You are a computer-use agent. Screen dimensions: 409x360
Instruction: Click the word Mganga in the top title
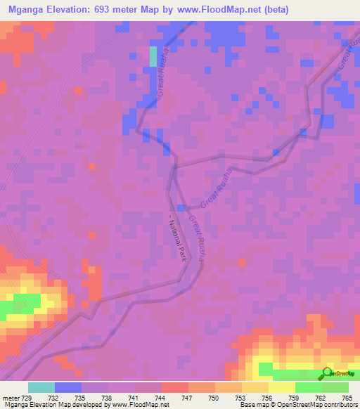(x=30, y=10)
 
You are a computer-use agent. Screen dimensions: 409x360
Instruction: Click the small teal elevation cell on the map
(x=153, y=57)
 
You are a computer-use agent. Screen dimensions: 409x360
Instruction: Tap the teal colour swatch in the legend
(x=41, y=387)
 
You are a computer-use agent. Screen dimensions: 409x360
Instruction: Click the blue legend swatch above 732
(x=68, y=387)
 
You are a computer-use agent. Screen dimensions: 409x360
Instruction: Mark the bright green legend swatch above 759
(x=308, y=387)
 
